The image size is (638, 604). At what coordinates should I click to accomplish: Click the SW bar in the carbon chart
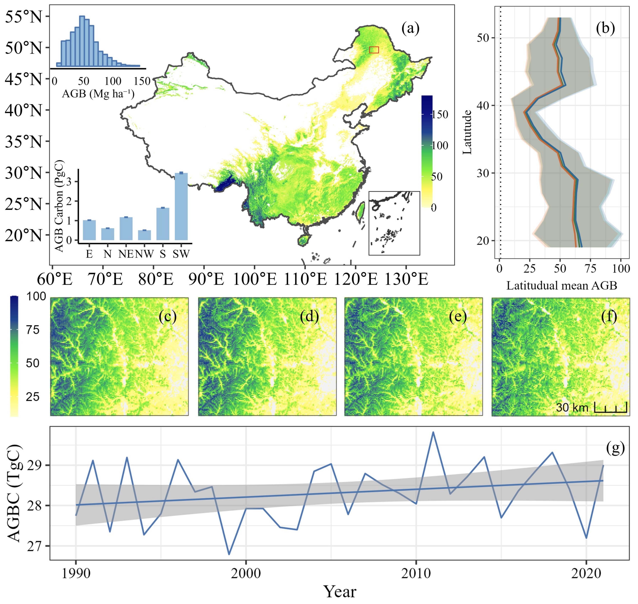[181, 207]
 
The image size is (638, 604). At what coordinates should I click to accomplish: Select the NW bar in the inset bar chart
[144, 235]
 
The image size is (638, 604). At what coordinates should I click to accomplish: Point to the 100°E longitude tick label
[254, 279]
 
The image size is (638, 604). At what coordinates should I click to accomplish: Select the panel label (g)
[615, 448]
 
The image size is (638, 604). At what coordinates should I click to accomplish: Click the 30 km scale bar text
[572, 408]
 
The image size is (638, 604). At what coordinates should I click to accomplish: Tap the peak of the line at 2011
[433, 432]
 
